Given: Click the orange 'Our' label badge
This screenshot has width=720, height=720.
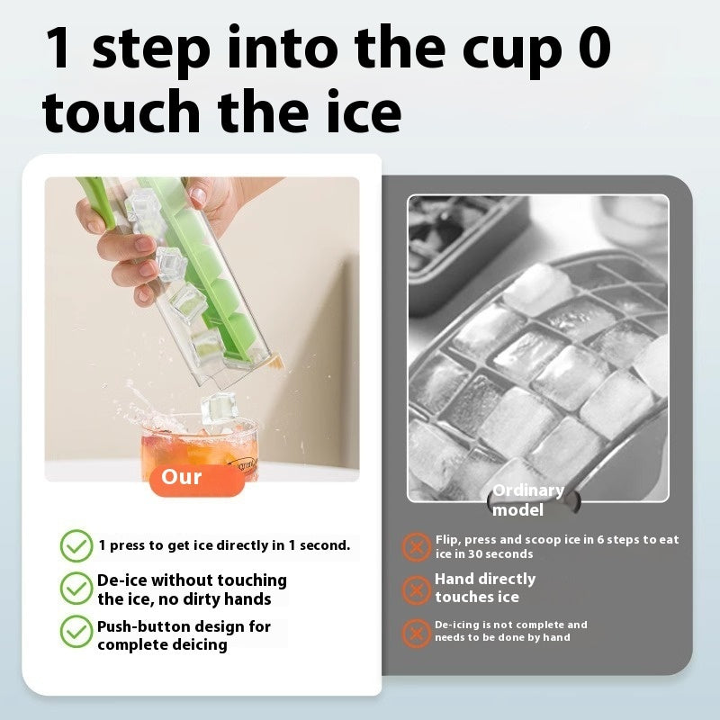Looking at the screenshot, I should [x=184, y=478].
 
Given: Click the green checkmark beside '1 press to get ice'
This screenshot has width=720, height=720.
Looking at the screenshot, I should [x=76, y=545].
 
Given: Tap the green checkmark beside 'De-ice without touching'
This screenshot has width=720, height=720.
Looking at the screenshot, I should [x=76, y=589].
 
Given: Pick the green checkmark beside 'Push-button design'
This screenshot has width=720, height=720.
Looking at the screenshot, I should [x=76, y=632].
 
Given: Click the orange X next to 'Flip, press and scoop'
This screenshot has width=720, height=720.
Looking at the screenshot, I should [x=416, y=546].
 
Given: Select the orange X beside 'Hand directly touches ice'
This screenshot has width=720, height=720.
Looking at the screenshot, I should [x=416, y=589].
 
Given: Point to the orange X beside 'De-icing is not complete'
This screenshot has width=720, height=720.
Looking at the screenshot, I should [x=416, y=632].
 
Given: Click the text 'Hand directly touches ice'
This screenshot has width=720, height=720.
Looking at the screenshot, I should [x=486, y=588].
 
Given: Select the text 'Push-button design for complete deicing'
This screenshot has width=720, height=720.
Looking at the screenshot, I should [x=184, y=635].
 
